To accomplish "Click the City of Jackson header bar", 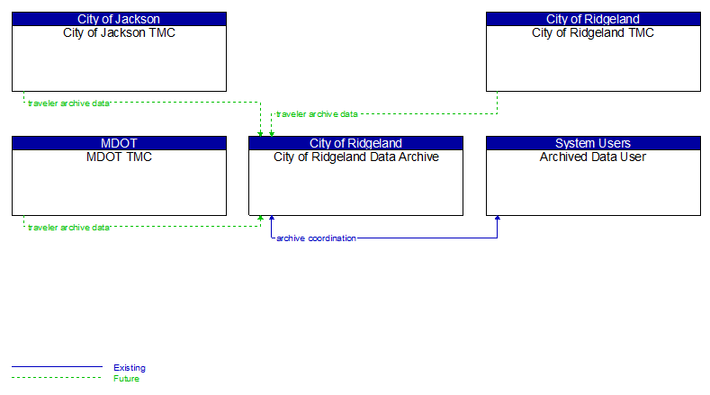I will coord(119,19).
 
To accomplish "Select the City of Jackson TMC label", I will coord(119,33).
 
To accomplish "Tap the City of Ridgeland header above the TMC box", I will coord(593,19).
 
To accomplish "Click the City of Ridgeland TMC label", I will coord(593,33).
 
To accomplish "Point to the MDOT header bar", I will coord(119,143).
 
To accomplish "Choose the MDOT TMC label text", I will coord(119,157).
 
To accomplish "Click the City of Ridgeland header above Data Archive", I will coord(355,143).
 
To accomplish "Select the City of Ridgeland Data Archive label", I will coord(355,157).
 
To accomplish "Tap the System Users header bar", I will coord(593,143).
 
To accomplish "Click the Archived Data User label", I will coord(593,157).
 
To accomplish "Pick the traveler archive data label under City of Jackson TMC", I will coord(68,103).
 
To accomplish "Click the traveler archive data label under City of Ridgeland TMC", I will coord(317,114).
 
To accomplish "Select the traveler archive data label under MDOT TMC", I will coord(68,228).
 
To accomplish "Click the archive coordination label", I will coord(316,238).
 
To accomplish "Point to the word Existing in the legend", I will coord(130,367).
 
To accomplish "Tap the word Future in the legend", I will coord(127,378).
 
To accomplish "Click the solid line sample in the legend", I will coord(57,367).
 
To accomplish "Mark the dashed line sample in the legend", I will coord(57,378).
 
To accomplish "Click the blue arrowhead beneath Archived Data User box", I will coord(498,219).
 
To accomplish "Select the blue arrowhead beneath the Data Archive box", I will coord(271,219).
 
